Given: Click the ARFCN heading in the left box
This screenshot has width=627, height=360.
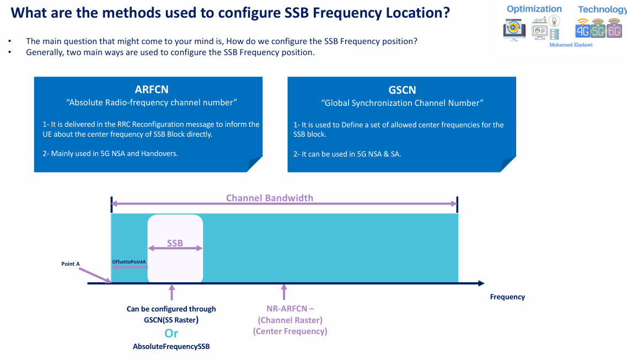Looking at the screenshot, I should click(152, 90).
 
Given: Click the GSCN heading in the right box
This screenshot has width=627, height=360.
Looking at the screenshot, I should click(402, 90).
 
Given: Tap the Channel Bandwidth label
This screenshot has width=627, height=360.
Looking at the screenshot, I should click(269, 198).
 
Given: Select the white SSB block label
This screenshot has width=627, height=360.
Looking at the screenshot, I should click(175, 243).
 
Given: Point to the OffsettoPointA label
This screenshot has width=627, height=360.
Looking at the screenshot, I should click(128, 261).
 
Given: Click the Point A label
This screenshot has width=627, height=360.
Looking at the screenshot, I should click(71, 264).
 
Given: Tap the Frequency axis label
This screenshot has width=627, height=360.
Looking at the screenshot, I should click(507, 297).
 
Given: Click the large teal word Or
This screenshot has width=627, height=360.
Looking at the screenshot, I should click(172, 333).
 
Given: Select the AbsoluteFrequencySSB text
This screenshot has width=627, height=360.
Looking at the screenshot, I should click(172, 347).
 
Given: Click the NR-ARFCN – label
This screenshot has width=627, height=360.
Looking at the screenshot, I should click(290, 309).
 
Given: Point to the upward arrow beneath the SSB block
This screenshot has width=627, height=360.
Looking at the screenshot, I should click(172, 292).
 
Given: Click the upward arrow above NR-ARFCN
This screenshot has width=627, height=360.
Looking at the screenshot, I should click(284, 292).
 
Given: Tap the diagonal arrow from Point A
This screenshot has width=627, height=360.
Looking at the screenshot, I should click(98, 275).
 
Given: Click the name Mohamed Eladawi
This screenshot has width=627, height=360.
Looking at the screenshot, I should click(571, 45).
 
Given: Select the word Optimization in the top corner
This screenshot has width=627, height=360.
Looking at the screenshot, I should click(534, 9).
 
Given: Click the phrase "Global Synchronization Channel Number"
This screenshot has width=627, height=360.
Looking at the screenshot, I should click(402, 103).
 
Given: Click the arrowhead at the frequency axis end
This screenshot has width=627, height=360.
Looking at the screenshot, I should click(481, 283).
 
